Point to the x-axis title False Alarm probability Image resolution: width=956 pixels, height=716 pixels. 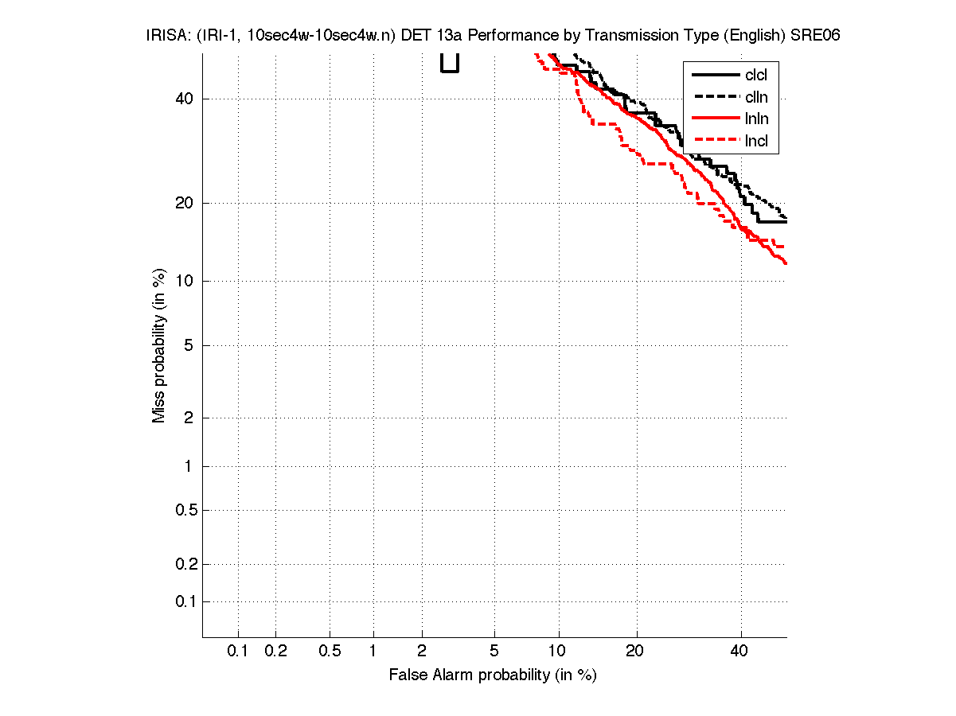pyautogui.click(x=492, y=675)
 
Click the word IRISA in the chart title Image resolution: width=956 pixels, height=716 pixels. pyautogui.click(x=166, y=36)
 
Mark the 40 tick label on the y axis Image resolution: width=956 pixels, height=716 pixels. pyautogui.click(x=184, y=99)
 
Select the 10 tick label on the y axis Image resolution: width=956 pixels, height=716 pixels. pyautogui.click(x=184, y=281)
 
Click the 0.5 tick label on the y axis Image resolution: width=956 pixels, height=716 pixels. pyautogui.click(x=185, y=510)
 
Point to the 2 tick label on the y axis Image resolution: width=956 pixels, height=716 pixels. pyautogui.click(x=189, y=418)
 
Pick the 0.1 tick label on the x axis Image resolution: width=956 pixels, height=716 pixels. pyautogui.click(x=238, y=652)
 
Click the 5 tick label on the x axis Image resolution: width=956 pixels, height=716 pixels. pyautogui.click(x=494, y=652)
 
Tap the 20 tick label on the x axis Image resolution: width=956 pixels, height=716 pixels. pyautogui.click(x=634, y=652)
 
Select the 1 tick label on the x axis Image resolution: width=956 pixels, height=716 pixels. pyautogui.click(x=373, y=652)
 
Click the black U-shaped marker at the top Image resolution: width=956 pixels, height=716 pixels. pyautogui.click(x=450, y=64)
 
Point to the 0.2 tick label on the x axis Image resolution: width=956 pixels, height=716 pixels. pyautogui.click(x=275, y=652)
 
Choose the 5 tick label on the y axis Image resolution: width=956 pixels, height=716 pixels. pyautogui.click(x=189, y=346)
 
